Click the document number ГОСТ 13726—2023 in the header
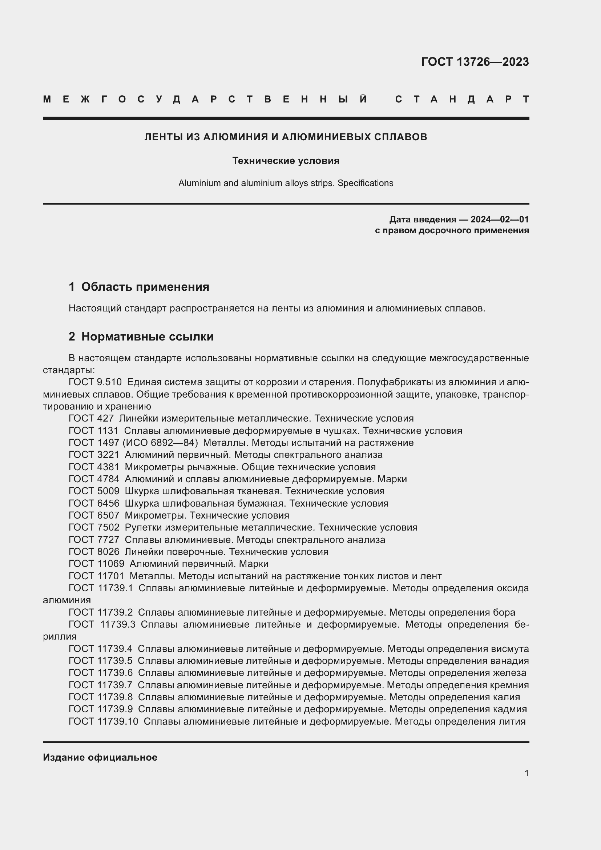[x=475, y=62]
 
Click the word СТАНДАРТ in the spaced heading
[x=462, y=99]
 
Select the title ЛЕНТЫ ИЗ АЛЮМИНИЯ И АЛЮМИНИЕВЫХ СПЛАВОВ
[x=285, y=137]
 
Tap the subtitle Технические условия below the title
[x=285, y=161]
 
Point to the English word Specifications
[x=365, y=183]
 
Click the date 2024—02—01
[x=499, y=219]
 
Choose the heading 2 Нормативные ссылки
[x=141, y=337]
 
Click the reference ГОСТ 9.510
[x=95, y=382]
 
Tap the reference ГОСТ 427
[x=91, y=418]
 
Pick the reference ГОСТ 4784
[x=94, y=479]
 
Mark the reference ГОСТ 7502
[x=94, y=528]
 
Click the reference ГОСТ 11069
[x=96, y=564]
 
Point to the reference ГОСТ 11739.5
[x=100, y=661]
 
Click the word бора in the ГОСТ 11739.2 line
[x=504, y=613]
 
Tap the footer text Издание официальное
[x=100, y=757]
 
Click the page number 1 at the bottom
[x=526, y=773]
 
